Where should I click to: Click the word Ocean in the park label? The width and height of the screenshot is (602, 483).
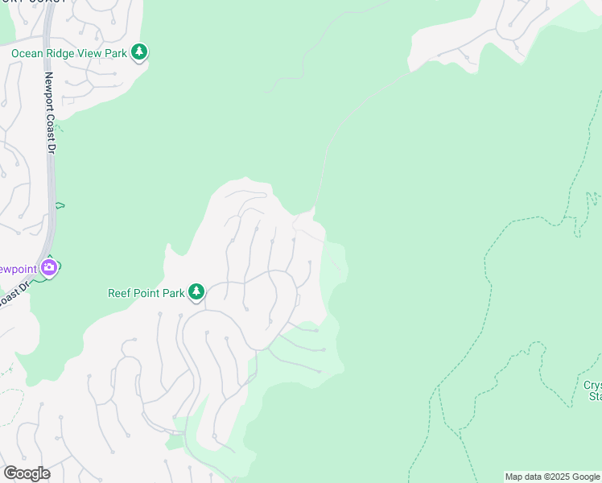coord(27,54)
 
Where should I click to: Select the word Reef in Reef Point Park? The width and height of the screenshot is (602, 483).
coord(119,293)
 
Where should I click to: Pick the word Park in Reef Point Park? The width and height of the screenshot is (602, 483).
coord(174,293)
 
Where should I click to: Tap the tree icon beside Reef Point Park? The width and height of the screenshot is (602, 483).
coord(196,292)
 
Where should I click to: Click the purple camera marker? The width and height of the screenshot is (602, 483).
coord(49,267)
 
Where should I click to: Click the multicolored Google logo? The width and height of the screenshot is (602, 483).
coord(26,473)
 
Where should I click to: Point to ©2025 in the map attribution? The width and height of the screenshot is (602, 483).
coord(555,477)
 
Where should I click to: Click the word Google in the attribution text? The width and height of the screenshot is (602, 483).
coord(587,477)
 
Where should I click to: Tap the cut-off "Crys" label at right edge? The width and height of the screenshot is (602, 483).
coord(592,385)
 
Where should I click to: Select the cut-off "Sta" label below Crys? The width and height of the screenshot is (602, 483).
coord(595,396)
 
